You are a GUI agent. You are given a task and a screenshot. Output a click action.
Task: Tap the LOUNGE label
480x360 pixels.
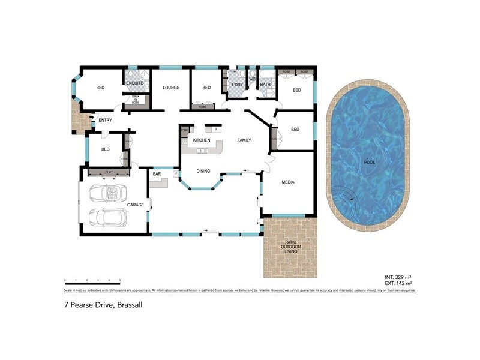(171, 88)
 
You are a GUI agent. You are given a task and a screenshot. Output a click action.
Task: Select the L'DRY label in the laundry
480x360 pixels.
(237, 85)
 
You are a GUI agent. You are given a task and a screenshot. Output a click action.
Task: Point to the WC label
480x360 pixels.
(253, 79)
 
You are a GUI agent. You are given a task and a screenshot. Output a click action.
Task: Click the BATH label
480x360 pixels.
(265, 85)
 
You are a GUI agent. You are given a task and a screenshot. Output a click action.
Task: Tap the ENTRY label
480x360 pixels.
(106, 120)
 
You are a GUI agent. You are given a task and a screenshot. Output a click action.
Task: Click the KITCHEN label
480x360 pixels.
(201, 140)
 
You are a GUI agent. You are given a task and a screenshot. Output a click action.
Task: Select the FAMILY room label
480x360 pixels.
(244, 140)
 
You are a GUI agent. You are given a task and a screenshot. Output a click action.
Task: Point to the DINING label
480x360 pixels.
(203, 172)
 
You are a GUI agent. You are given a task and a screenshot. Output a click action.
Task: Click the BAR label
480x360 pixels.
(157, 174)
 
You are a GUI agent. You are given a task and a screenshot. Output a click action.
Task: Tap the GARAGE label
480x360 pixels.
(136, 205)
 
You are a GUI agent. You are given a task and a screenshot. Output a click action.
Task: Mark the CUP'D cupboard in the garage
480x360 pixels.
(109, 173)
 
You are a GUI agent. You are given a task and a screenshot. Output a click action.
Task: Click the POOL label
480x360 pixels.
(368, 162)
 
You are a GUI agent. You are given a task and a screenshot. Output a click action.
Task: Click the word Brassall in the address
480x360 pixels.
(129, 305)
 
